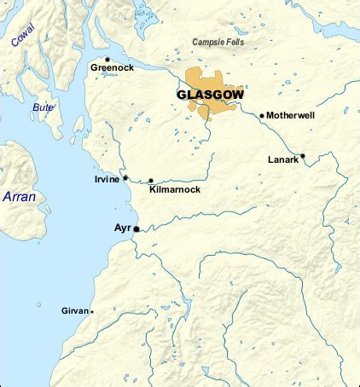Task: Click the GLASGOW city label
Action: point(209,95)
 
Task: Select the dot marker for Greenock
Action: point(107,60)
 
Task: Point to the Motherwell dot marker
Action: point(262,115)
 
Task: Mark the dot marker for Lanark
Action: point(303,156)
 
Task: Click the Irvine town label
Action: point(107,180)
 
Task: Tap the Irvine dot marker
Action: point(125,178)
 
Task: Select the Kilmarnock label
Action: point(174,189)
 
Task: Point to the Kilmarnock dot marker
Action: point(151,181)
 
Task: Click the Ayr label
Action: point(122,228)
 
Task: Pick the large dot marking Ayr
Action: point(136,229)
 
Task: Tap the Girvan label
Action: point(74,311)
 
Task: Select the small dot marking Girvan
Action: point(92,311)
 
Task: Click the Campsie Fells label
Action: point(218,42)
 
